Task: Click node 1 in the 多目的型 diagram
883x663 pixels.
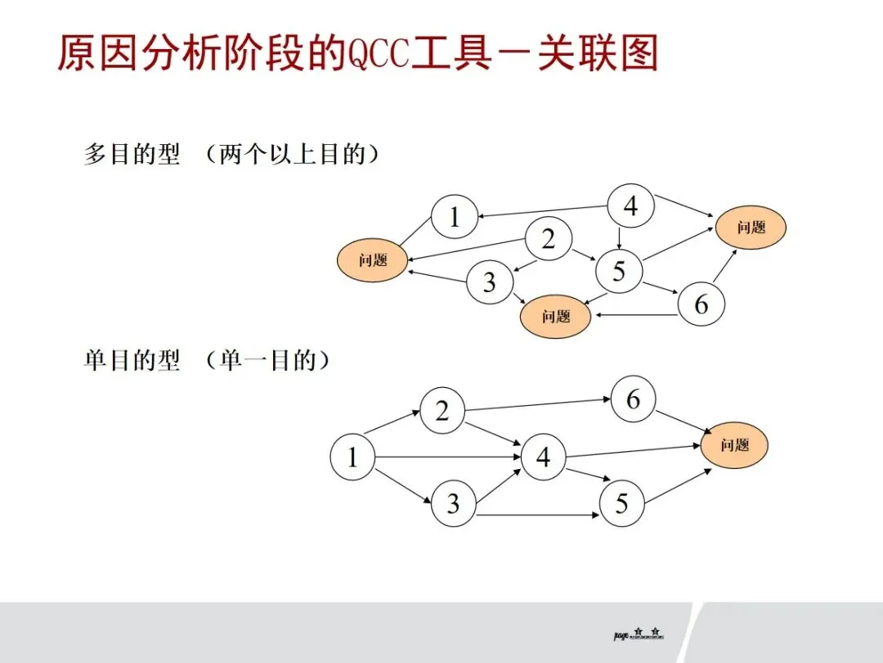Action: (x=455, y=217)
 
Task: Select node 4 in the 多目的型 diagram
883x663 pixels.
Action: (x=630, y=206)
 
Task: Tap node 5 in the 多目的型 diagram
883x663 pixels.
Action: (x=619, y=269)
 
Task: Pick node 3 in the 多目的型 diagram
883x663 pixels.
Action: (x=489, y=282)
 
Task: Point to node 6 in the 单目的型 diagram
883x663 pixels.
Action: (x=634, y=399)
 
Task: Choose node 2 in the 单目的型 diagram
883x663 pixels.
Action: (x=442, y=411)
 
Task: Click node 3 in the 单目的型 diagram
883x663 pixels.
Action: (x=454, y=503)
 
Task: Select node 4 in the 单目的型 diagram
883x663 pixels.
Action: (x=544, y=458)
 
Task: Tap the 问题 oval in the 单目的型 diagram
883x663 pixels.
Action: (x=735, y=445)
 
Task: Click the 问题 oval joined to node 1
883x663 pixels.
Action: (x=373, y=260)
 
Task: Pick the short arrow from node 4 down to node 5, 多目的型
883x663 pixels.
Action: (x=621, y=237)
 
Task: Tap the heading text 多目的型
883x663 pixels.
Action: (x=132, y=155)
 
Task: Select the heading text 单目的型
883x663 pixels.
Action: (x=132, y=361)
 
